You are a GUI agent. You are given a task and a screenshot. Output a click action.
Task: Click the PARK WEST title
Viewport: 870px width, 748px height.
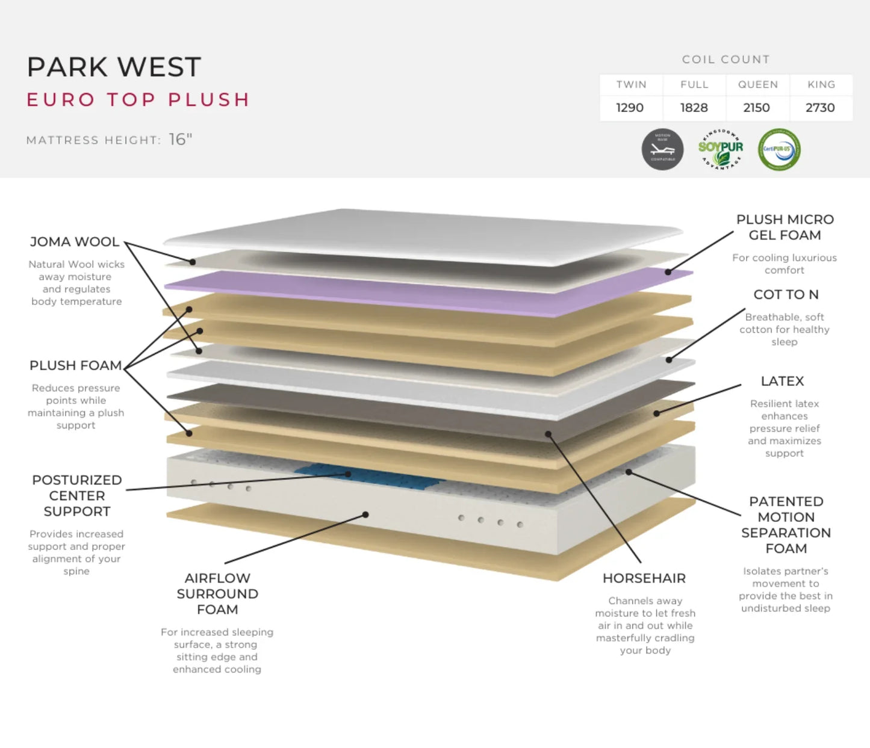[x=114, y=67]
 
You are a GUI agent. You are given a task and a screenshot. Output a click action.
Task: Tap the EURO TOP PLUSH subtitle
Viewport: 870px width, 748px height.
[x=138, y=99]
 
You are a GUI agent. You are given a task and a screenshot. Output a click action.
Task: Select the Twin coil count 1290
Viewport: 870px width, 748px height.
[x=630, y=108]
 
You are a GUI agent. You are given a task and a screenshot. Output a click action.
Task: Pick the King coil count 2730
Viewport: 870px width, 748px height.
[x=820, y=108]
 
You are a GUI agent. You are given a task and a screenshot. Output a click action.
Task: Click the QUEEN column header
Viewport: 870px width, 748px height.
[x=757, y=85]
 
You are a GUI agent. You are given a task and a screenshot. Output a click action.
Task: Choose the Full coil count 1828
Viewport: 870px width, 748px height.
[x=694, y=108]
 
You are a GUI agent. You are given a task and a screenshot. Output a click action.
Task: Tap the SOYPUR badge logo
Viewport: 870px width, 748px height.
[x=720, y=149]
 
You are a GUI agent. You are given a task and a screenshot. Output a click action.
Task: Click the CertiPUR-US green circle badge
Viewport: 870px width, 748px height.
[x=779, y=149]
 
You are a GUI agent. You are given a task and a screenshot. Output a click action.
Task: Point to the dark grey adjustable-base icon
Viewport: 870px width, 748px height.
[x=662, y=149]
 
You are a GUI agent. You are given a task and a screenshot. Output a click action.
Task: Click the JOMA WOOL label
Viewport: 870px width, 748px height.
[x=75, y=242]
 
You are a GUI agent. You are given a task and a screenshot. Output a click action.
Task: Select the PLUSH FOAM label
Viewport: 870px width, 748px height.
[x=75, y=366]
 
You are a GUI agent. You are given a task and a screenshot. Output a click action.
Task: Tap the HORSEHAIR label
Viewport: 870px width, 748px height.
[x=644, y=578]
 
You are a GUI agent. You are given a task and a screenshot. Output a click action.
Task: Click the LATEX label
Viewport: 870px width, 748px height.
[x=782, y=382]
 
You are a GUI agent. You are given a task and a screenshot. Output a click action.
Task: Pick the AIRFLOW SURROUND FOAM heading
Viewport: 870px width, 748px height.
[x=217, y=594]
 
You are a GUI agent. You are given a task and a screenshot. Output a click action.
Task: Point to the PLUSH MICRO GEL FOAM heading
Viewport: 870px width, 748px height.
[x=785, y=227]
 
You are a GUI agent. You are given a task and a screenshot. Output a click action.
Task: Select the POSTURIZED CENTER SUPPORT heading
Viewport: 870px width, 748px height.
[x=77, y=496]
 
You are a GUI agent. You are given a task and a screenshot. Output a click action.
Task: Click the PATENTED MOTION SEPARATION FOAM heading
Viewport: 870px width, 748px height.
[x=786, y=525]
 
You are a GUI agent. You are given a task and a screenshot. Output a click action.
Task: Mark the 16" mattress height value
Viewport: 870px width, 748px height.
[x=180, y=140]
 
